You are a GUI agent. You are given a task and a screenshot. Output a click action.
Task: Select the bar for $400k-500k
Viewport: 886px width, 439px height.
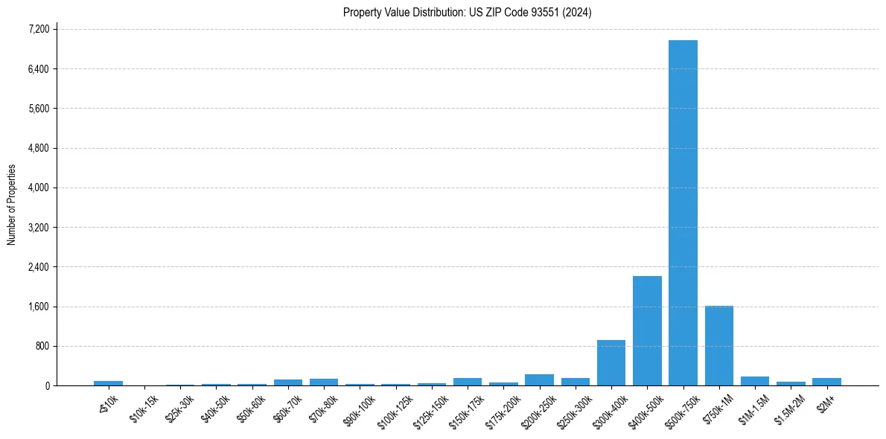[x=647, y=330]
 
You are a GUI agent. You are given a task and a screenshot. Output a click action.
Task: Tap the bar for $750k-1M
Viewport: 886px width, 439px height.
[x=718, y=345]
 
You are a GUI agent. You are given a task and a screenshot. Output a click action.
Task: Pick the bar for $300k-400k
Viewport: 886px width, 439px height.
[x=611, y=362]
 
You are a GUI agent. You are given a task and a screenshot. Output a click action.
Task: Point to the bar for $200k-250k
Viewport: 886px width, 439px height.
[x=539, y=379]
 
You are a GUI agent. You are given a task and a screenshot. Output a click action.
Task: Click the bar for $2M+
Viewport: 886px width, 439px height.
[x=826, y=382]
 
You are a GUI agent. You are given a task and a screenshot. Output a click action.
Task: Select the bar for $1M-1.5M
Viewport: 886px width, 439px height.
[x=754, y=381]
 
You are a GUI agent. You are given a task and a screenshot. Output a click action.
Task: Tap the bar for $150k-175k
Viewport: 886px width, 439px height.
[x=467, y=382]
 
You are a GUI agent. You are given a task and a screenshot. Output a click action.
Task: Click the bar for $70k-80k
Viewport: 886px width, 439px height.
[x=323, y=382]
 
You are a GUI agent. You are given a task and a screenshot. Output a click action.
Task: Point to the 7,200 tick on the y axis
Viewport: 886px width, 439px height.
[x=38, y=29]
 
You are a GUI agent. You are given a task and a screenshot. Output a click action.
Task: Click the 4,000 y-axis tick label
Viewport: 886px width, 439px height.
[x=38, y=188]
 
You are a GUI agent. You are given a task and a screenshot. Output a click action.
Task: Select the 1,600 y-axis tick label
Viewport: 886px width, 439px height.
[x=38, y=307]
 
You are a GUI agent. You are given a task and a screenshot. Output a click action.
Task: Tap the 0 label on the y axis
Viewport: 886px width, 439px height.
[x=46, y=385]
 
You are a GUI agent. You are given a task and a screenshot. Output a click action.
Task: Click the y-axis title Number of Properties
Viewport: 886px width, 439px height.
[x=11, y=205]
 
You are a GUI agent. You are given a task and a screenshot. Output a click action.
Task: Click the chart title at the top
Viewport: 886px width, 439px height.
[x=467, y=12]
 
